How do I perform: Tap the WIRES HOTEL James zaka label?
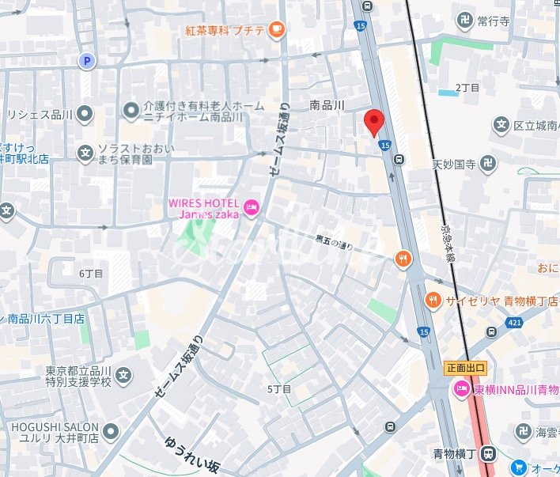point(203,208)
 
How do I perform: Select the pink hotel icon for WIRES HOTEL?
point(251,209)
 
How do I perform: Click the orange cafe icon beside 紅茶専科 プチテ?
point(276,30)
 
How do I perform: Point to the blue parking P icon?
point(85,60)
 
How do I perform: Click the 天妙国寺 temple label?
point(453,165)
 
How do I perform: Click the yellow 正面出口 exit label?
point(465,368)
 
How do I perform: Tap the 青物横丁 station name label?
point(454,453)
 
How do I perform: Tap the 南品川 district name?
point(327,104)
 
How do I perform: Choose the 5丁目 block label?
point(279,389)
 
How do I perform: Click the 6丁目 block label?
point(91,273)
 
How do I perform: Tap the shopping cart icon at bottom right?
point(518,468)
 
